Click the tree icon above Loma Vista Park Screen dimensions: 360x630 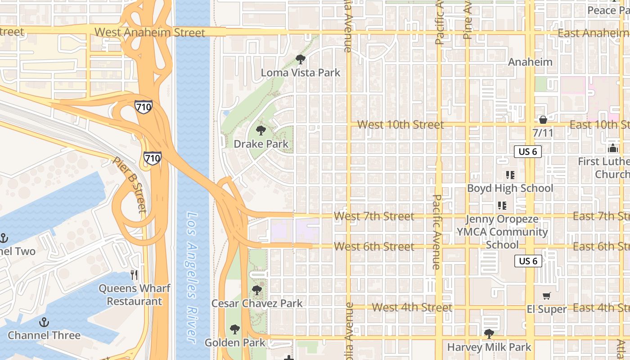(x=300, y=59)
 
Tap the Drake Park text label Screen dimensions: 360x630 (x=261, y=144)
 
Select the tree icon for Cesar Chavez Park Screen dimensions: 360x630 (x=257, y=290)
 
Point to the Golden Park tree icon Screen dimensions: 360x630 (x=234, y=330)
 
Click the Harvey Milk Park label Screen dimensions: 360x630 (x=489, y=347)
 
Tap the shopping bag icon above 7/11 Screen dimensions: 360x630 (x=543, y=120)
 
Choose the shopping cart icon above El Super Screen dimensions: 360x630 (x=546, y=296)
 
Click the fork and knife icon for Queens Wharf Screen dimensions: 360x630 (x=134, y=274)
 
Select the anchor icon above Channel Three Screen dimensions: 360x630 (x=44, y=322)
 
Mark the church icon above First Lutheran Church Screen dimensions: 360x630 (x=612, y=148)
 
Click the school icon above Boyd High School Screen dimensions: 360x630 (x=510, y=175)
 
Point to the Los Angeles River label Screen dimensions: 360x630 (x=193, y=276)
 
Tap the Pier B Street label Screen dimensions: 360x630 (x=130, y=184)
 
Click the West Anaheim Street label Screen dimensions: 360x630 (x=150, y=32)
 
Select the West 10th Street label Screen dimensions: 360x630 (x=400, y=125)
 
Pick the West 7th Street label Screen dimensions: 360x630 (x=374, y=216)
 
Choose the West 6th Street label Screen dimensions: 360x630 (x=374, y=247)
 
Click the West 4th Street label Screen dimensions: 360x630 (x=412, y=307)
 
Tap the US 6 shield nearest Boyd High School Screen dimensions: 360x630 (x=527, y=152)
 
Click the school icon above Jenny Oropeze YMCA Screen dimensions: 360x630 (x=502, y=206)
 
